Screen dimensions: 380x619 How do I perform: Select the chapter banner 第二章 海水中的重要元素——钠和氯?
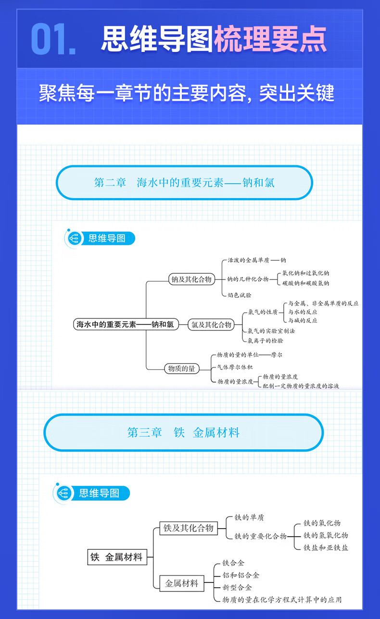click(184, 183)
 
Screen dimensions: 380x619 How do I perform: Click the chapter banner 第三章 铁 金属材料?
click(183, 432)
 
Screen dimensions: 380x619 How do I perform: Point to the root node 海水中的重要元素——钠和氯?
click(125, 325)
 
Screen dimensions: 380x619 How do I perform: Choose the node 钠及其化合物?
click(191, 279)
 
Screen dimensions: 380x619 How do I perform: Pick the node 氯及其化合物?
click(211, 325)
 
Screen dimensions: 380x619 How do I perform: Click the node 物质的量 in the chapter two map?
click(181, 369)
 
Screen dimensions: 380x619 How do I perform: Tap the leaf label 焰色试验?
click(239, 295)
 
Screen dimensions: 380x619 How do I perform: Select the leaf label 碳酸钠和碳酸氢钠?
click(306, 283)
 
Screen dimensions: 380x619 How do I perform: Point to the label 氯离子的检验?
click(265, 341)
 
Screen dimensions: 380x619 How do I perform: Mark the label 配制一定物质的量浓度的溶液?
click(301, 386)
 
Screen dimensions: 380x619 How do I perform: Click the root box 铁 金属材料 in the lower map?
click(117, 557)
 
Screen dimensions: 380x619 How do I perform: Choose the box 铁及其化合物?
click(188, 528)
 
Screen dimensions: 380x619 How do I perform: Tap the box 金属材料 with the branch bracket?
click(181, 583)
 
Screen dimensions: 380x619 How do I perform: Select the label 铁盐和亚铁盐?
click(326, 547)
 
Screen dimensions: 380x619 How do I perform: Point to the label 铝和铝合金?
click(241, 575)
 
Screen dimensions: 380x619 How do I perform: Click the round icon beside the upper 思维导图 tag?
click(74, 239)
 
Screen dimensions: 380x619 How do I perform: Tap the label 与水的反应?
click(303, 312)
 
